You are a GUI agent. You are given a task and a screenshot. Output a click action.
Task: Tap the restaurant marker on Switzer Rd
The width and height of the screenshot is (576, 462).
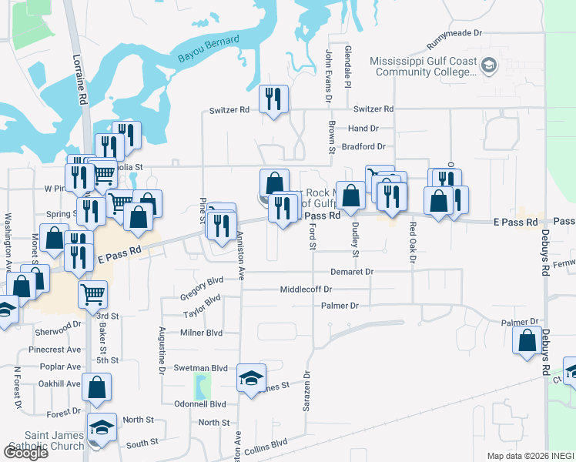(x=273, y=99)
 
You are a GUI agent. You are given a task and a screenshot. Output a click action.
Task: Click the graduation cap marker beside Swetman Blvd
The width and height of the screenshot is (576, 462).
(x=251, y=377)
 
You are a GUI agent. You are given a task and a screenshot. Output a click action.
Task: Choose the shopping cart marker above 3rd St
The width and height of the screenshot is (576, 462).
(x=93, y=293)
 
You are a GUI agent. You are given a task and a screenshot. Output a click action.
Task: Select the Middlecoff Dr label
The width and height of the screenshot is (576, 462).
(x=306, y=290)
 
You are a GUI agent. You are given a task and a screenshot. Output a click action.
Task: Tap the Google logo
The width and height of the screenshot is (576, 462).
(x=25, y=452)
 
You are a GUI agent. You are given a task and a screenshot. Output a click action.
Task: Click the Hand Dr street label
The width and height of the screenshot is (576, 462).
(x=363, y=129)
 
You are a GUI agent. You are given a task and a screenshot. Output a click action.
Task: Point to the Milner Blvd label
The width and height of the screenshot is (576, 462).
(x=202, y=333)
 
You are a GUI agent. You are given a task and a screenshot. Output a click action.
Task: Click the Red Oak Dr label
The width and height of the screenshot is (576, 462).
(x=413, y=243)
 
